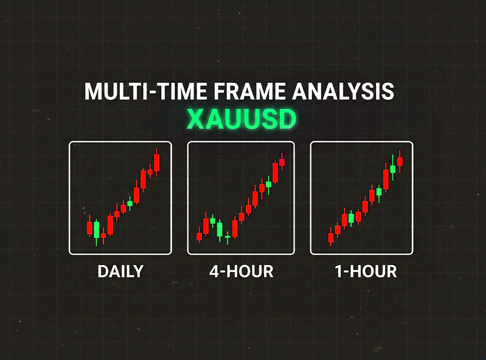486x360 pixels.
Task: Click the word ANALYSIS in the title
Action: pos(343,92)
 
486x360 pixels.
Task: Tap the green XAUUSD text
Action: pos(241,119)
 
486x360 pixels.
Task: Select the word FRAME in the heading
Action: pos(250,92)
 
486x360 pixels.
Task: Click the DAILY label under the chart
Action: pos(120,271)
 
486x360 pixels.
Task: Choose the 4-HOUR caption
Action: pos(241,271)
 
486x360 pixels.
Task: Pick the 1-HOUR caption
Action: pos(366,271)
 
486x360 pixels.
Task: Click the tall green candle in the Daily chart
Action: pos(97,230)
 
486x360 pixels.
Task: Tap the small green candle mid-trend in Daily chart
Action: pos(130,203)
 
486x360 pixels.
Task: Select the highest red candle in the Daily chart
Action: pos(157,162)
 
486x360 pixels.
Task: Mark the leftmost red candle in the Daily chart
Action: pos(89,227)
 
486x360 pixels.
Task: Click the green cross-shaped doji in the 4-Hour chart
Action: pos(227,236)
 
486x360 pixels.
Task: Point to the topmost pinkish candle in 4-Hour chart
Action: pos(282,162)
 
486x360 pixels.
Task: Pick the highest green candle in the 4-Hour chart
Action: pos(268,184)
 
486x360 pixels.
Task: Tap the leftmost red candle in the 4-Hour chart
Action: pos(199,236)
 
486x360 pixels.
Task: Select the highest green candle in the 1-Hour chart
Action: pos(393,169)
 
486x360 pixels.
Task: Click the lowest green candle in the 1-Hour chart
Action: pos(351,218)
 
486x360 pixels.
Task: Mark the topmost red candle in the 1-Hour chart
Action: pos(400,161)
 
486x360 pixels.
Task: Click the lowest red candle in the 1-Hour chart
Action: pos(331,237)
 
